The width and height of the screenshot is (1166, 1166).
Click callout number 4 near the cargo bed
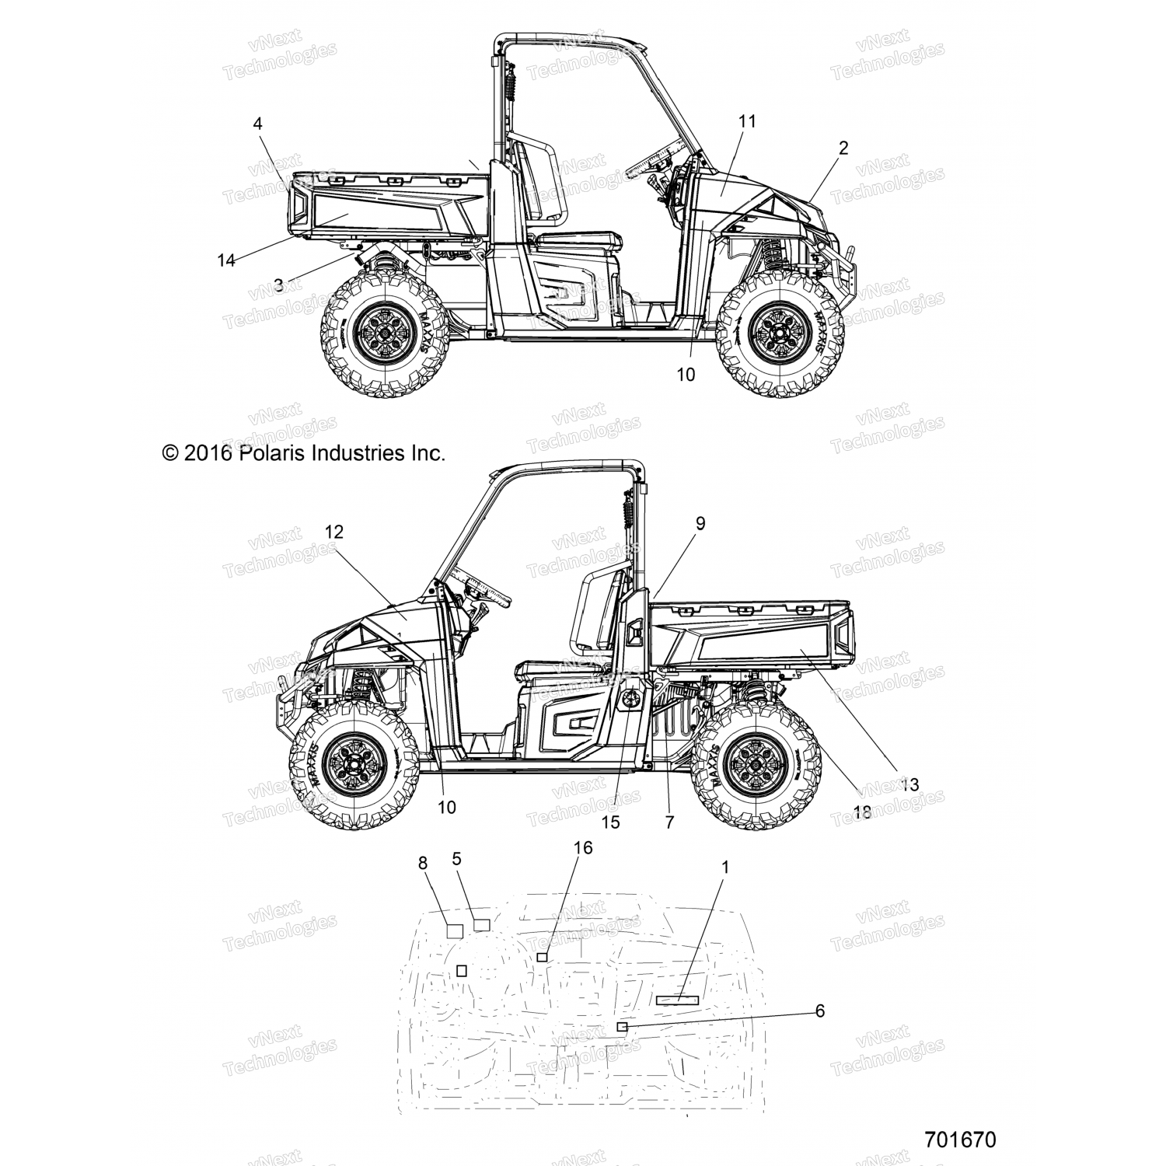257,123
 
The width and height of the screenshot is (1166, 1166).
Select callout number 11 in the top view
747,120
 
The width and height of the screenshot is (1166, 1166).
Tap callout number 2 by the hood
843,147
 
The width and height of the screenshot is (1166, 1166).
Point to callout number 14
226,260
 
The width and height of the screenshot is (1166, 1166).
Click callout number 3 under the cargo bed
278,285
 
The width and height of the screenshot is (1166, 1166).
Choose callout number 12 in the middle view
334,532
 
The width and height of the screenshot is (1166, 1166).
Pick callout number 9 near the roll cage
700,523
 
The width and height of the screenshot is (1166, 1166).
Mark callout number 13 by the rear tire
909,784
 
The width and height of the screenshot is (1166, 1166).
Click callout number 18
861,813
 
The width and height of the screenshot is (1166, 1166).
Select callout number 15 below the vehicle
611,822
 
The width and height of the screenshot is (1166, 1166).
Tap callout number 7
669,822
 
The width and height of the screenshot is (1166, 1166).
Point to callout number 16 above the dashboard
582,847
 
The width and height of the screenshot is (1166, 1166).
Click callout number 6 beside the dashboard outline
819,1011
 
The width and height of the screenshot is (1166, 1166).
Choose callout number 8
423,862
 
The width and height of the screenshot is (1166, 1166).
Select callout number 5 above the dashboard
456,858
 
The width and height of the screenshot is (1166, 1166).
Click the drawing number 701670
960,1140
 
